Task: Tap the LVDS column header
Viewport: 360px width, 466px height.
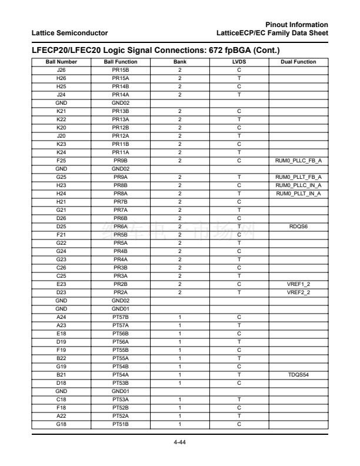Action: [239, 62]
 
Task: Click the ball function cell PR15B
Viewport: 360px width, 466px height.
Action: [121, 68]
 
